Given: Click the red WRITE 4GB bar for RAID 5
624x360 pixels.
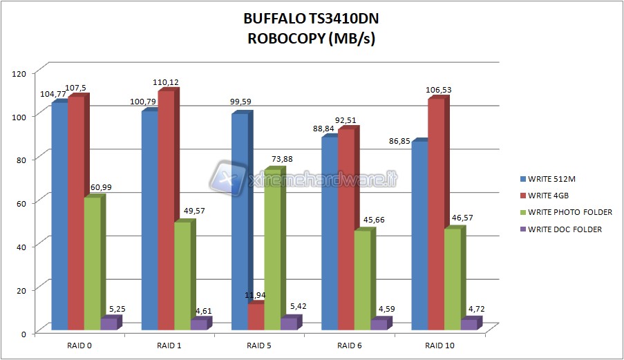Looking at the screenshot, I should (256, 316).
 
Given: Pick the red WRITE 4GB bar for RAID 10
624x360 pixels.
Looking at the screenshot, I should (436, 214).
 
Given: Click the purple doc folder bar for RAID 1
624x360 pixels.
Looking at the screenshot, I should (198, 324).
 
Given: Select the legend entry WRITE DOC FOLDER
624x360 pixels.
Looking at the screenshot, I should (565, 229).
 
